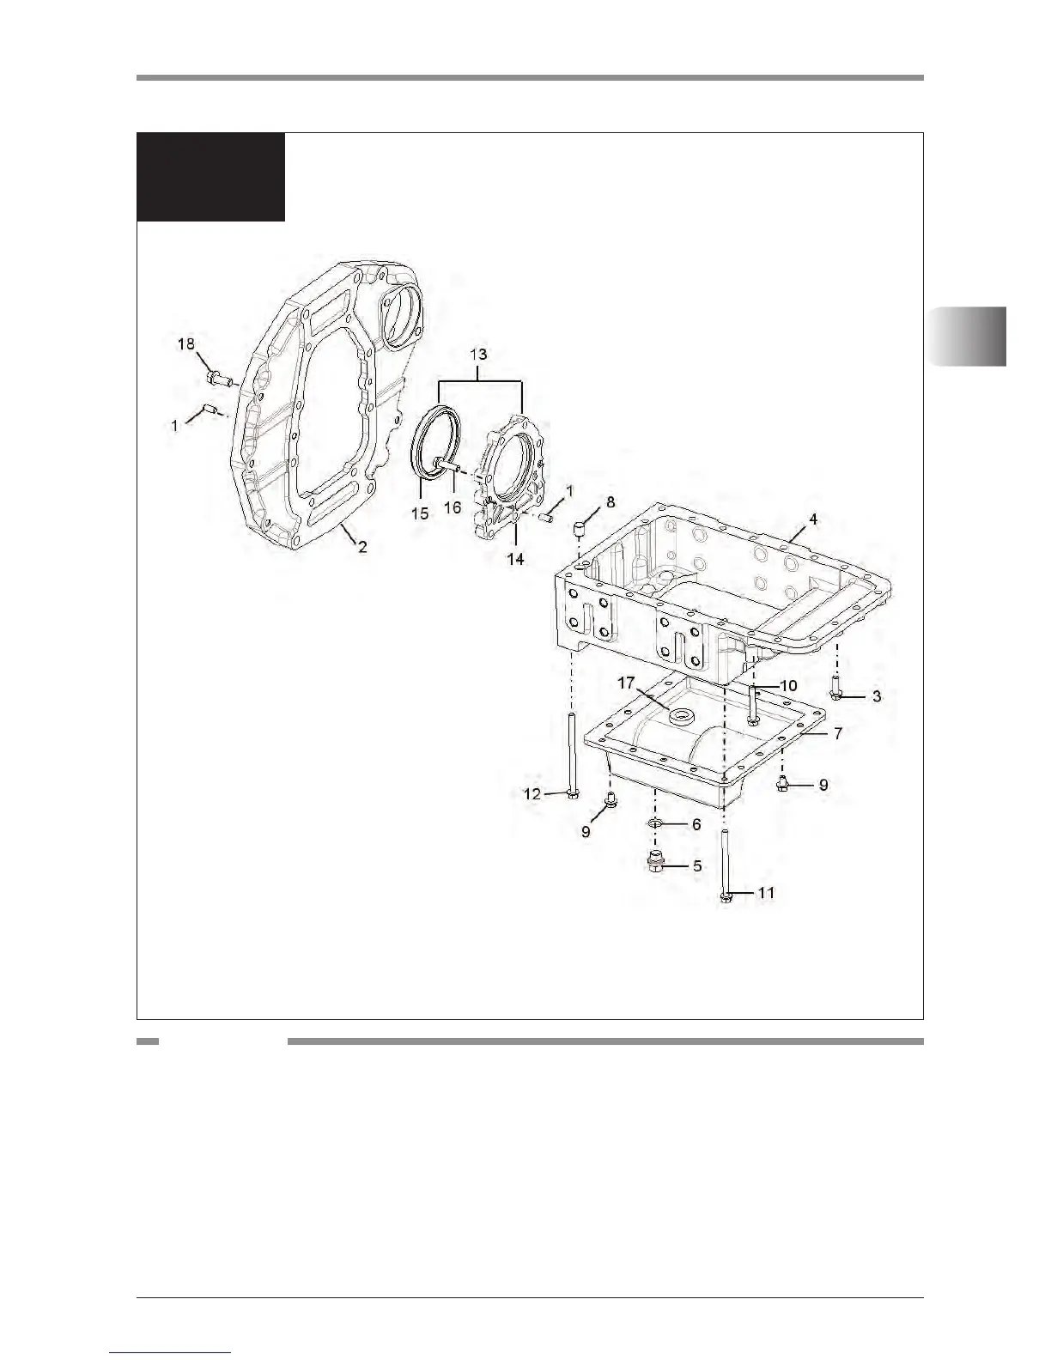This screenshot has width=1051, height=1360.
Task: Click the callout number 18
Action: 186,344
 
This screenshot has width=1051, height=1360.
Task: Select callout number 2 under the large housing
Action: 363,546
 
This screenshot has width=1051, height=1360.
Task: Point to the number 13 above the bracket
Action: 478,355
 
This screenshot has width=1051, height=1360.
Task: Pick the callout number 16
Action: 453,507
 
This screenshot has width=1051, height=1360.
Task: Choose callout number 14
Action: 515,558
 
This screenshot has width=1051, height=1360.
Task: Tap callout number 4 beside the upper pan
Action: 812,520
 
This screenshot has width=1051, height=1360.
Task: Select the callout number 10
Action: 788,685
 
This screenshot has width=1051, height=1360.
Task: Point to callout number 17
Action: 625,683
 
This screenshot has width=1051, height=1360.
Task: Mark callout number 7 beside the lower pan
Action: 837,734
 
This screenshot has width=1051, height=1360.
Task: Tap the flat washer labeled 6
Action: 654,824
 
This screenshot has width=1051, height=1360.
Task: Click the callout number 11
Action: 766,893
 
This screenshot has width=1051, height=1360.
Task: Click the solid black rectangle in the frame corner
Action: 211,177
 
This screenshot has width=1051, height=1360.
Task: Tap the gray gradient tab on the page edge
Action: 967,335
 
